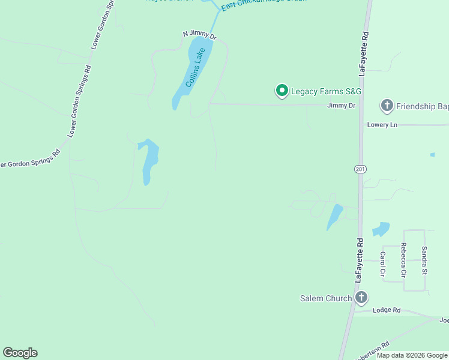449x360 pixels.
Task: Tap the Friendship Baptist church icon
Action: [x=387, y=106]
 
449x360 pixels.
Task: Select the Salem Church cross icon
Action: [x=361, y=298]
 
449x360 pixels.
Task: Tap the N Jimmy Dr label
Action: [x=199, y=35]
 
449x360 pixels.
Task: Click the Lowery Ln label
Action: [x=382, y=125]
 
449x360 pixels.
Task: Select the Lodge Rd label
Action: [x=386, y=310]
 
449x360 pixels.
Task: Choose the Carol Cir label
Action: [x=383, y=263]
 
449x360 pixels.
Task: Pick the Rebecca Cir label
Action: [x=403, y=259]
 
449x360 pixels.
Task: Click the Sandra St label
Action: [x=424, y=260]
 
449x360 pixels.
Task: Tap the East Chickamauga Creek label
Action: [x=264, y=3]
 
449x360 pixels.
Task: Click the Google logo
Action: [x=20, y=353]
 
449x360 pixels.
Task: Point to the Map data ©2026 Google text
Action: [x=412, y=355]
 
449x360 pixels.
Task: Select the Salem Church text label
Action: [x=326, y=298]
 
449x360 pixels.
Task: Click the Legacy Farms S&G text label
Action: [x=327, y=92]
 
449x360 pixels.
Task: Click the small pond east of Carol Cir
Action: [x=381, y=229]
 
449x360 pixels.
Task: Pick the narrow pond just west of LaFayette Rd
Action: [x=334, y=217]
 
